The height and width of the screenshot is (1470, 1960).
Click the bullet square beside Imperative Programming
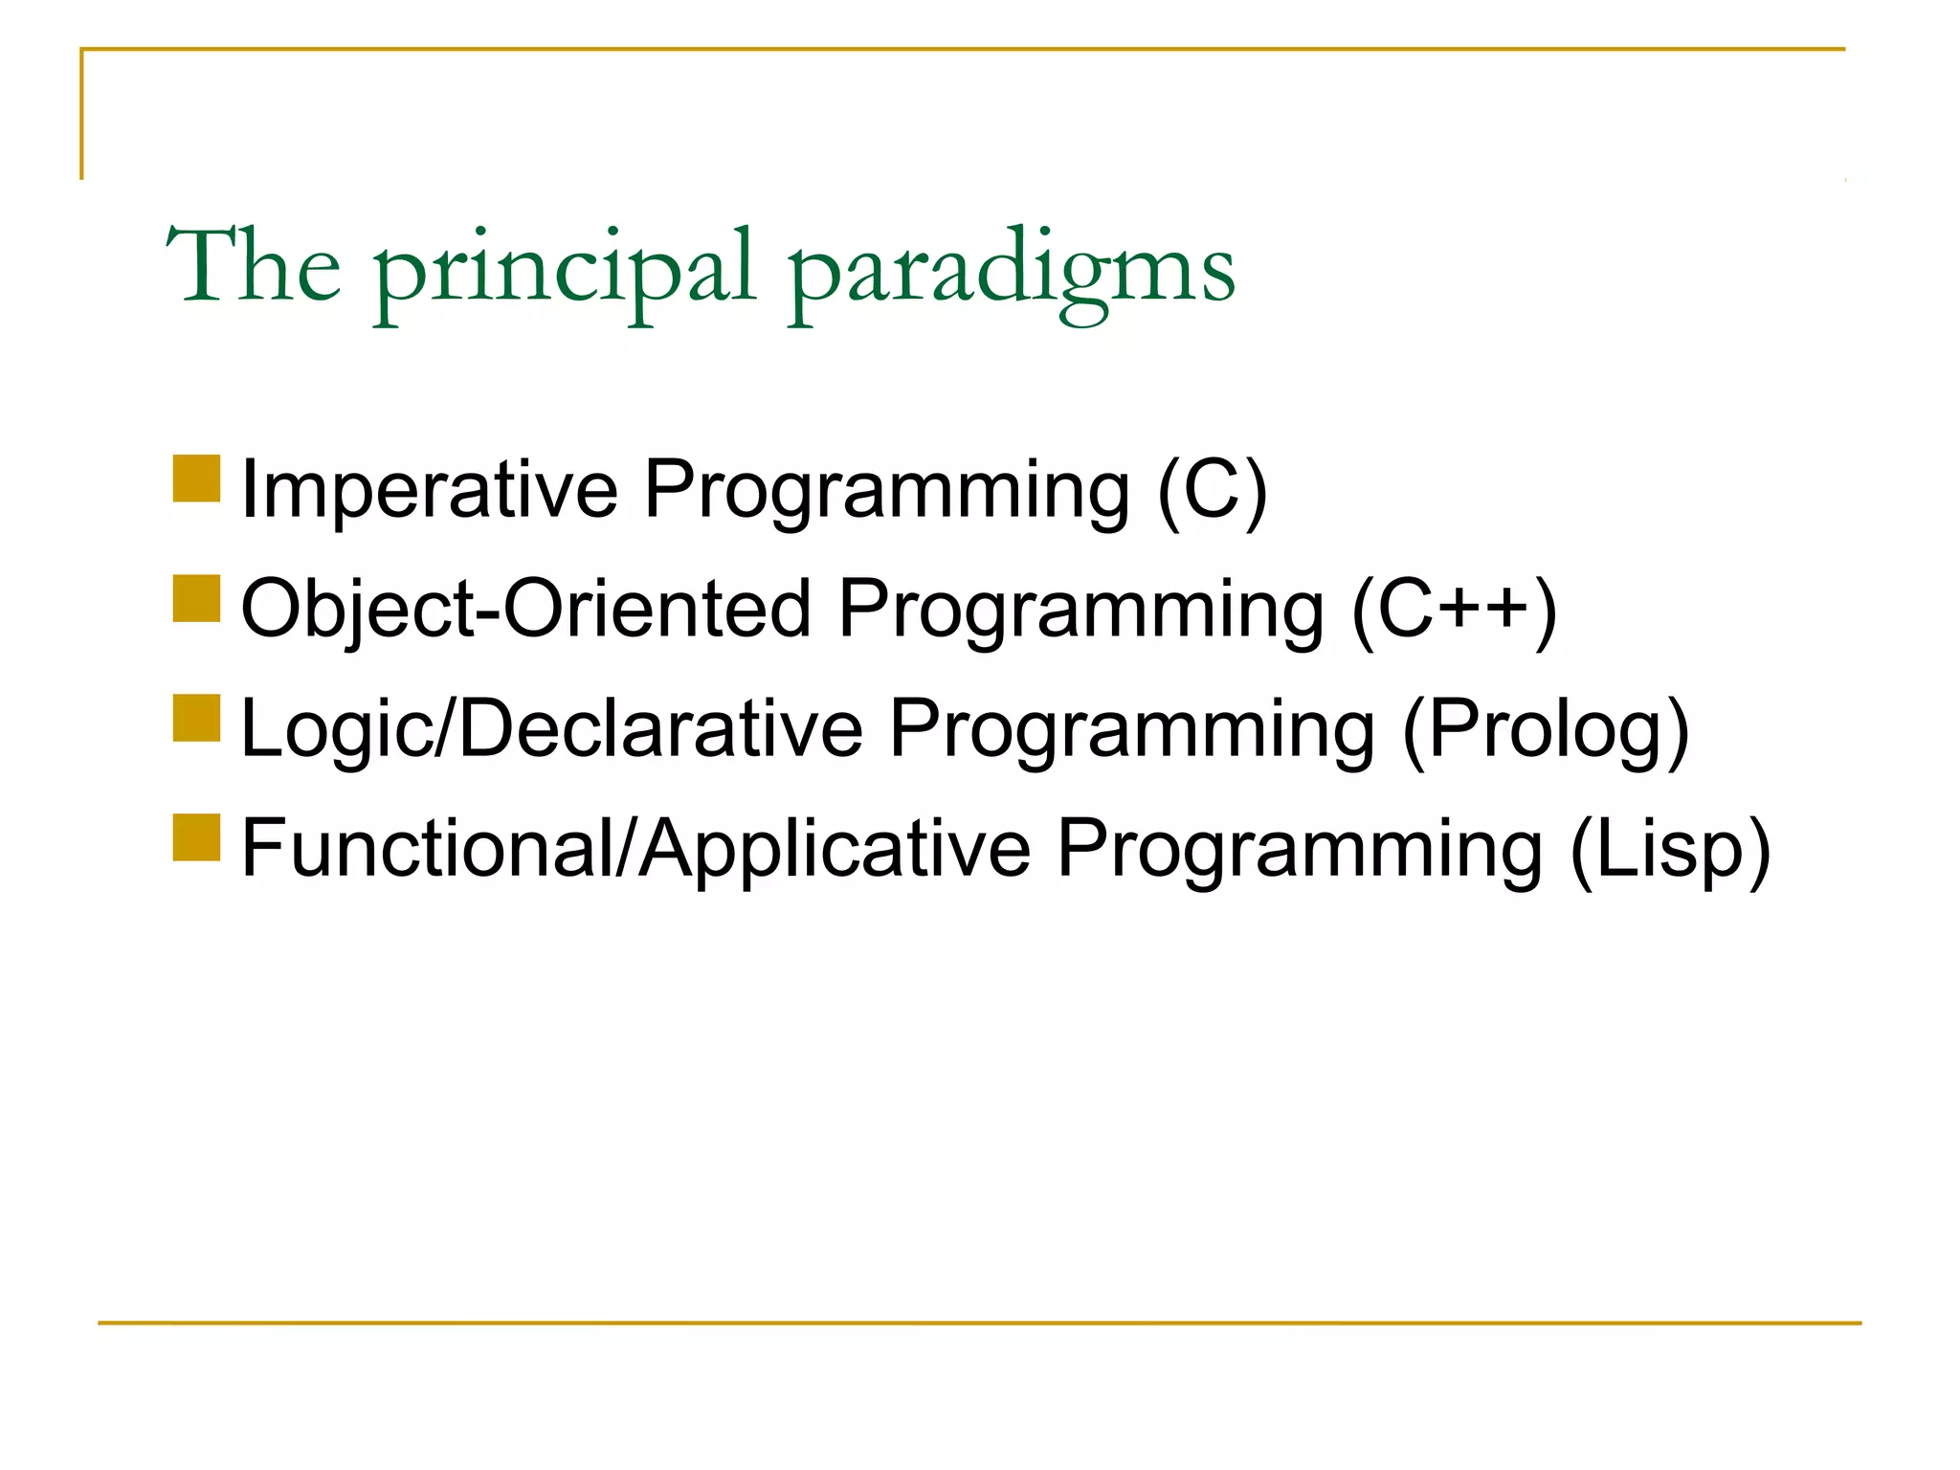[197, 479]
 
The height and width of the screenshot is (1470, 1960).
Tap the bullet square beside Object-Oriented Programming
[197, 598]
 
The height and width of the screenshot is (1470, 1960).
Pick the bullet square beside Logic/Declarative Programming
[197, 718]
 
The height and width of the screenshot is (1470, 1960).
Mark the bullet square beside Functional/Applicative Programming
[197, 837]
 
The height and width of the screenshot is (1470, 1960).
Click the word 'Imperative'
[430, 490]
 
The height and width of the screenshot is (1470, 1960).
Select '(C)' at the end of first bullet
[1213, 490]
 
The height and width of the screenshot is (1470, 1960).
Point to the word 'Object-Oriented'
[525, 610]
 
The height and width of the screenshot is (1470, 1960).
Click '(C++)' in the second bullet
[1455, 610]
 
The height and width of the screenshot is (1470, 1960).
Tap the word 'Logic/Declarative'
[551, 729]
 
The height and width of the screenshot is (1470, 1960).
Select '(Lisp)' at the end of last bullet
[1670, 849]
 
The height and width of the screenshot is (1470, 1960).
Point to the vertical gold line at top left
[81, 115]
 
